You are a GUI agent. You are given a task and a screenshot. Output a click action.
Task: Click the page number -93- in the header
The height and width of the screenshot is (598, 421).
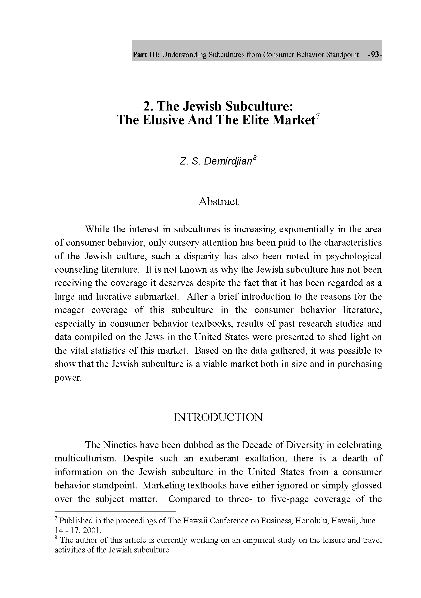pyautogui.click(x=375, y=55)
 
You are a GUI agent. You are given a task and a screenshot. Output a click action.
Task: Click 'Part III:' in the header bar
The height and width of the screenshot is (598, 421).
pyautogui.click(x=146, y=55)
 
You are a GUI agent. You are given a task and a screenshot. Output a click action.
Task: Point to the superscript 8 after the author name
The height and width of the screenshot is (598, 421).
pyautogui.click(x=255, y=158)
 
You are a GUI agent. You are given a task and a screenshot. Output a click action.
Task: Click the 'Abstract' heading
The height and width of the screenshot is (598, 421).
pyautogui.click(x=218, y=202)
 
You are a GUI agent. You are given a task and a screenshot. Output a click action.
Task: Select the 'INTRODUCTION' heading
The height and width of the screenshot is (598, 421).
pyautogui.click(x=218, y=417)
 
